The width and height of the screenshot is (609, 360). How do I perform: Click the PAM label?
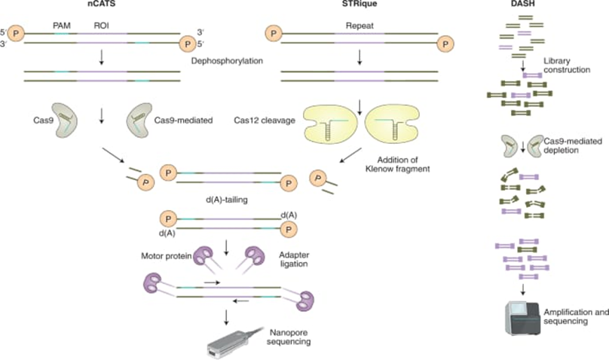[62, 26]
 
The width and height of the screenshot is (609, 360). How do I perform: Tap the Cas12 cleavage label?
[265, 119]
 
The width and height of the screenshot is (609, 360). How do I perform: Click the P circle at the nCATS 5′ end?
[14, 32]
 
